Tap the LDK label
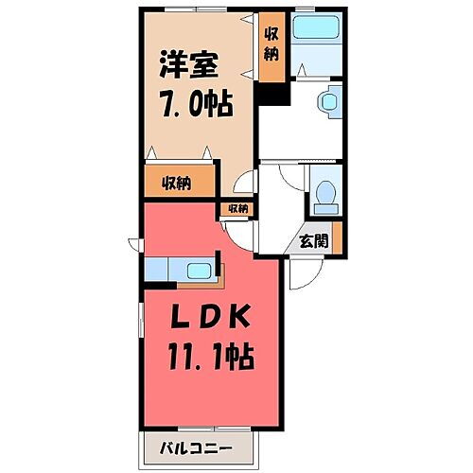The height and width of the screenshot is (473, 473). pyautogui.click(x=213, y=319)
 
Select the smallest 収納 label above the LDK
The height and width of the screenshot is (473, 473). pyautogui.click(x=236, y=208)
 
